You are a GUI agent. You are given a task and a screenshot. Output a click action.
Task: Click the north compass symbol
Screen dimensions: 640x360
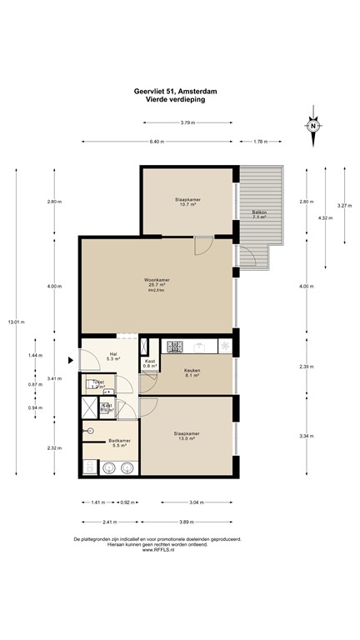click(314, 126)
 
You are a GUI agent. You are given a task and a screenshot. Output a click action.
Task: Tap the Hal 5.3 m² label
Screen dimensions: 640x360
click(113, 356)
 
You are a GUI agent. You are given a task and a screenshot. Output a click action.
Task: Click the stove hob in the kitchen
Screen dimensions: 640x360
click(175, 346)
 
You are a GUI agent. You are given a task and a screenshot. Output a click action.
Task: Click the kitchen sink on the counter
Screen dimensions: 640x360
click(200, 346)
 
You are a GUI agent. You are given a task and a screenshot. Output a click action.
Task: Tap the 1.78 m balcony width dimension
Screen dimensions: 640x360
click(259, 142)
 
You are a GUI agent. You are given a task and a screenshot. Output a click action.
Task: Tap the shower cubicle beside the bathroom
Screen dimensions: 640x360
click(90, 408)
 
